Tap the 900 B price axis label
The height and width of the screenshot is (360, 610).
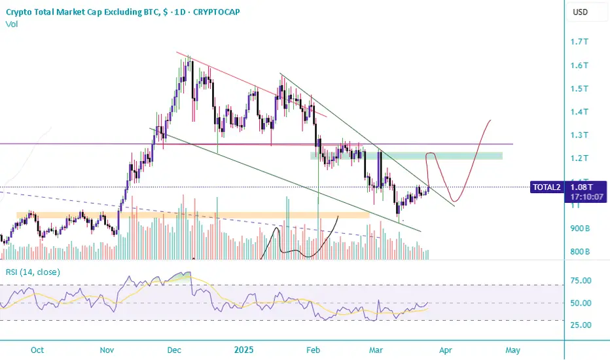(x=581, y=228)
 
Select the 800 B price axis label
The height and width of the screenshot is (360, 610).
(x=581, y=251)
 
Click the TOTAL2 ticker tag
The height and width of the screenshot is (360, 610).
(x=547, y=187)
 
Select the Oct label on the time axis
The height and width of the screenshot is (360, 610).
(x=37, y=350)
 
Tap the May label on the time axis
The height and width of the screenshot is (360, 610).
(x=513, y=350)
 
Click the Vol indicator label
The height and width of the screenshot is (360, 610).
(x=11, y=24)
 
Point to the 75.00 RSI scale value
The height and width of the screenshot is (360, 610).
(x=582, y=281)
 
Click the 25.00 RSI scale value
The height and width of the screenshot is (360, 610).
(x=582, y=325)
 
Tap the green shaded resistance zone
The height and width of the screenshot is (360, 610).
(x=406, y=156)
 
